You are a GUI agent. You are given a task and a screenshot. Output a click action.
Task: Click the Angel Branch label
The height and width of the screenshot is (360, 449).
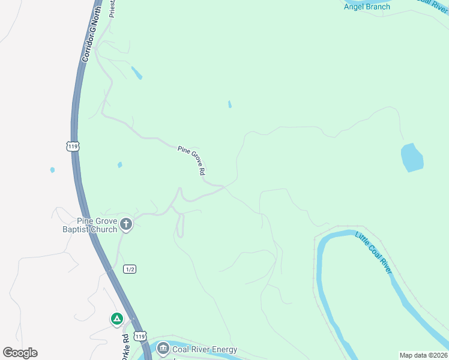[367, 7]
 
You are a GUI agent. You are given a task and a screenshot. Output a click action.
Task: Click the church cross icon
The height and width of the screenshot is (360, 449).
[125, 224]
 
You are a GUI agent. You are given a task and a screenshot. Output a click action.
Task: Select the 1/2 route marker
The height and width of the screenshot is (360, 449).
[129, 269]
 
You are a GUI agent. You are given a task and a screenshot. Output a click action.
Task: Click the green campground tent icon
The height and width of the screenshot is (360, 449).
[117, 319]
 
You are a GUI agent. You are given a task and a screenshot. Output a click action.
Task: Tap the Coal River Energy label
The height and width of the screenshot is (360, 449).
[205, 349]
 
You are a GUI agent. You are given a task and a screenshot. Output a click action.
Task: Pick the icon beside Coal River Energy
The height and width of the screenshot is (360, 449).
[163, 349]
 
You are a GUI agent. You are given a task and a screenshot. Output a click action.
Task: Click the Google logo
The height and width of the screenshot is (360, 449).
[20, 353]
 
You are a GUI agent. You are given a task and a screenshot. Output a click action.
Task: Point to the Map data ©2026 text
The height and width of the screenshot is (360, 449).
[423, 355]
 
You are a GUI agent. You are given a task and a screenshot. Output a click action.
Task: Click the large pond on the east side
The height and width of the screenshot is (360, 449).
[412, 157]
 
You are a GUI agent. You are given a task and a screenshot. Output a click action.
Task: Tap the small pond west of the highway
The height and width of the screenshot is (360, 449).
[52, 170]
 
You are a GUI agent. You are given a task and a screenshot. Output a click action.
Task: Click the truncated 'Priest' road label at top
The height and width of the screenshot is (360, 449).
[112, 8]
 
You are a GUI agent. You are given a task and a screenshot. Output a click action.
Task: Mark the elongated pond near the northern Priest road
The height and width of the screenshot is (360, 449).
[137, 73]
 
